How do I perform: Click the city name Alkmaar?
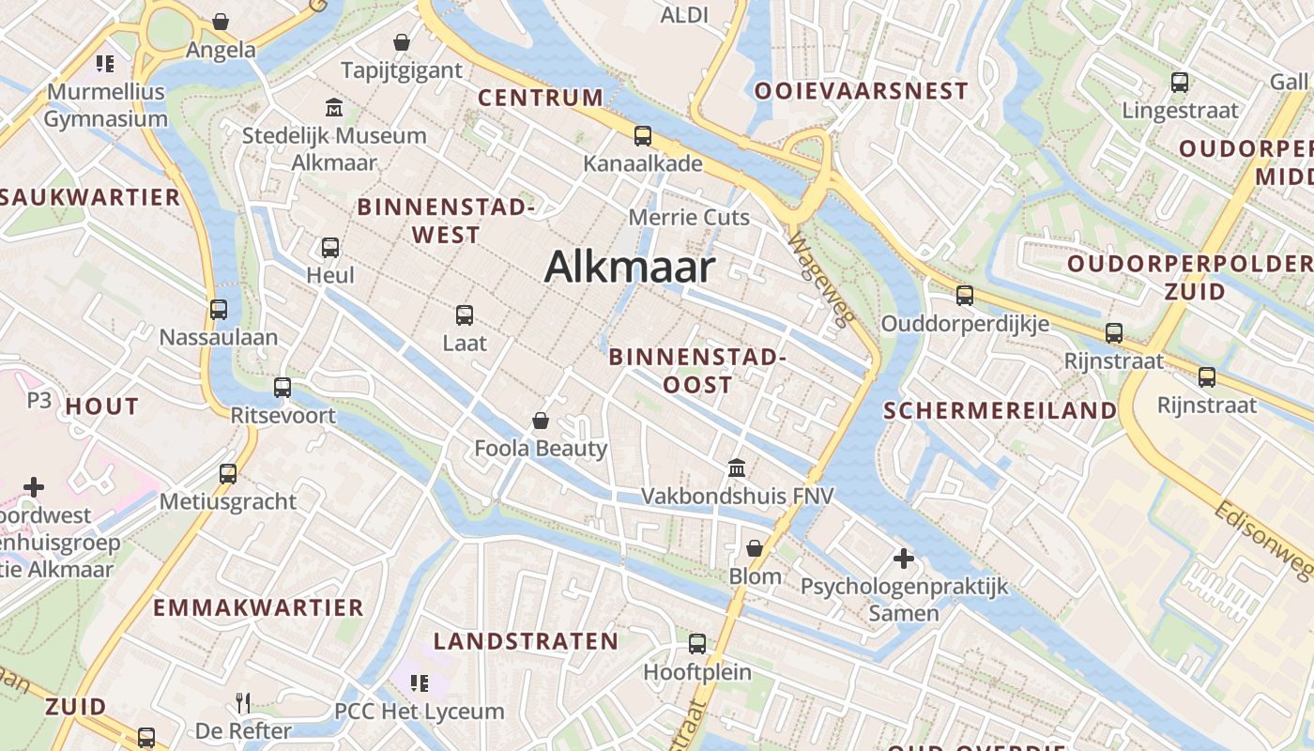pyautogui.click(x=630, y=268)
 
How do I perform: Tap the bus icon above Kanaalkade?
pyautogui.click(x=643, y=136)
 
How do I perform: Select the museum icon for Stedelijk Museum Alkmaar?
pyautogui.click(x=333, y=108)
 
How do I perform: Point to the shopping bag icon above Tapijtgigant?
pyautogui.click(x=402, y=42)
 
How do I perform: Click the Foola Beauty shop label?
pyautogui.click(x=541, y=449)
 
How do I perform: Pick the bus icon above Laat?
pyautogui.click(x=465, y=315)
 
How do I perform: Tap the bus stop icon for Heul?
pyautogui.click(x=330, y=248)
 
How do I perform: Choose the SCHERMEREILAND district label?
pyautogui.click(x=1001, y=410)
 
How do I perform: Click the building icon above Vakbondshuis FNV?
pyautogui.click(x=737, y=467)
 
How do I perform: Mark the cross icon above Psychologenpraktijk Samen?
pyautogui.click(x=904, y=559)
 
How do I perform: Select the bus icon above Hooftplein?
pyautogui.click(x=697, y=644)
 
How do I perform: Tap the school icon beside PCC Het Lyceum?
pyautogui.click(x=420, y=683)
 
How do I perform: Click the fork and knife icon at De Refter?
pyautogui.click(x=243, y=702)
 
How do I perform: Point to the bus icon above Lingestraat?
pyautogui.click(x=1180, y=83)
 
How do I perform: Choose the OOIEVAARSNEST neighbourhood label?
pyautogui.click(x=861, y=91)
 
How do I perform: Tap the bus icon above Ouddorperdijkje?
pyautogui.click(x=965, y=296)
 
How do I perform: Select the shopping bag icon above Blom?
pyautogui.click(x=755, y=548)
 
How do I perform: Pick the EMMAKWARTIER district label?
pyautogui.click(x=258, y=607)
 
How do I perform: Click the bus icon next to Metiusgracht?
pyautogui.click(x=228, y=474)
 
